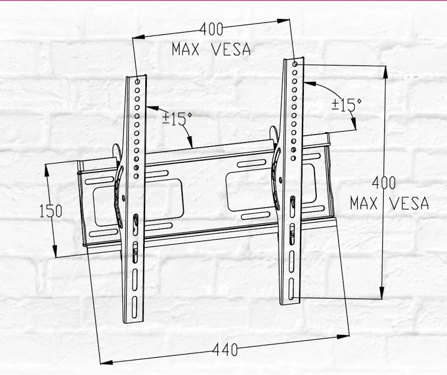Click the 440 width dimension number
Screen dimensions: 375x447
tap(225, 350)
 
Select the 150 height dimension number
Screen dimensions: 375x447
tap(51, 211)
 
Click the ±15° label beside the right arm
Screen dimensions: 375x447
tap(346, 104)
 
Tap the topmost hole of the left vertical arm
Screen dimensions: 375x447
tap(138, 82)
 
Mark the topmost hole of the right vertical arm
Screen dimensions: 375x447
tap(295, 64)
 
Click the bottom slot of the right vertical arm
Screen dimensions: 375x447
tap(291, 289)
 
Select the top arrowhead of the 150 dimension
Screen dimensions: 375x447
tap(47, 168)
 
